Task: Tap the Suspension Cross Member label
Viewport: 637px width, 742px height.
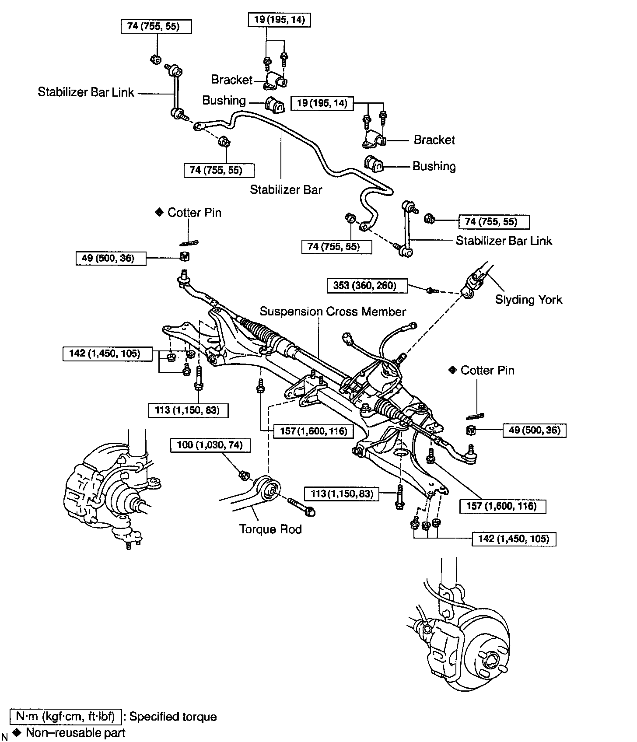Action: pyautogui.click(x=332, y=311)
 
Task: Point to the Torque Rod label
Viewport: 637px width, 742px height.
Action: pyautogui.click(x=270, y=529)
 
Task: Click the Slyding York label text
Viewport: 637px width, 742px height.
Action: pyautogui.click(x=528, y=300)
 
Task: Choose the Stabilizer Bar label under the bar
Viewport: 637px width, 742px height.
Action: pyautogui.click(x=286, y=189)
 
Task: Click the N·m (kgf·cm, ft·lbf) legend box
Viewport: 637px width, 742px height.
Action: pyautogui.click(x=65, y=717)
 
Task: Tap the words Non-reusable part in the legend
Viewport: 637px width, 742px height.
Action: pyautogui.click(x=76, y=733)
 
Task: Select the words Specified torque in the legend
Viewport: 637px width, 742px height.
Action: pyautogui.click(x=173, y=717)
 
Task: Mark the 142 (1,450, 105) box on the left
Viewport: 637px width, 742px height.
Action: pyautogui.click(x=108, y=353)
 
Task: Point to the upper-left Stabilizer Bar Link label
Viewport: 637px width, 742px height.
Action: pyautogui.click(x=86, y=92)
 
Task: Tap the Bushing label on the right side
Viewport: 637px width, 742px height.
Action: pyautogui.click(x=434, y=166)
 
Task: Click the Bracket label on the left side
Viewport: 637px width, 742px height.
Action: pyautogui.click(x=232, y=79)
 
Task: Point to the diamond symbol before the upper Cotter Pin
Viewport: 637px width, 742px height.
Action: pyautogui.click(x=158, y=213)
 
